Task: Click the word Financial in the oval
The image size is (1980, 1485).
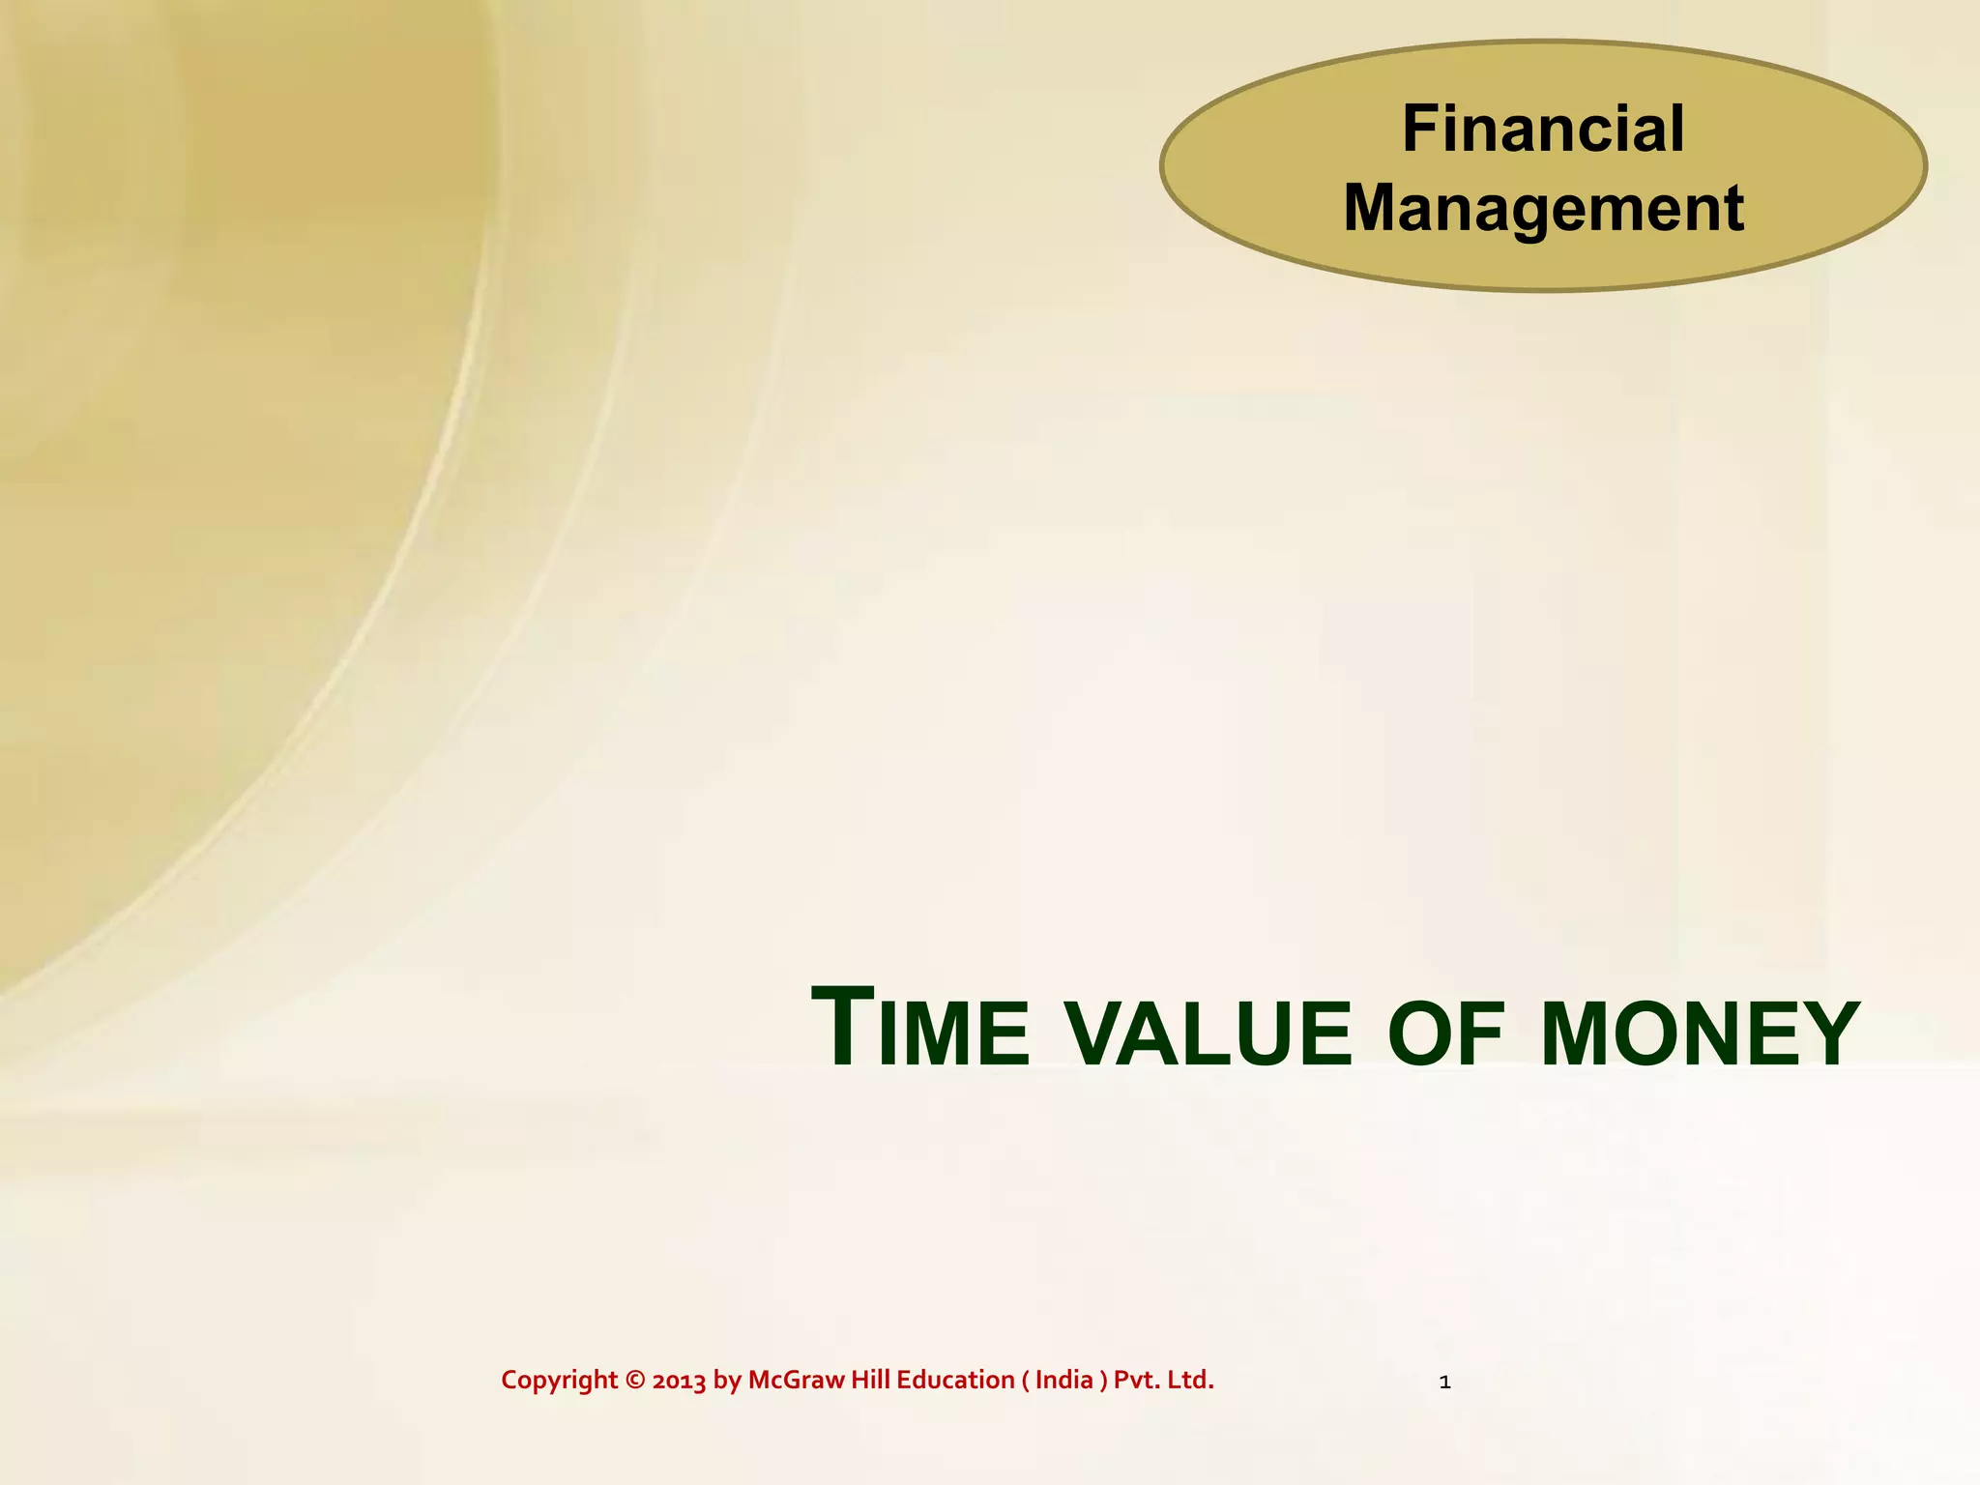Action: pyautogui.click(x=1543, y=129)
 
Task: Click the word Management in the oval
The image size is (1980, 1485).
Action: pyautogui.click(x=1543, y=208)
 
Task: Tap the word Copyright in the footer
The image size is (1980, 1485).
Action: pyautogui.click(x=559, y=1381)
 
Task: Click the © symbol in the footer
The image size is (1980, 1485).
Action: pyautogui.click(x=634, y=1381)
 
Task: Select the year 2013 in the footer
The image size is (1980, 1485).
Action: pyautogui.click(x=679, y=1381)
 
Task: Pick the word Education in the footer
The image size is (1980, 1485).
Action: pyautogui.click(x=955, y=1380)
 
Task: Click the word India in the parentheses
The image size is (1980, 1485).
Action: pyautogui.click(x=1063, y=1380)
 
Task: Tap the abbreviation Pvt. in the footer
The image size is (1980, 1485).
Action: pyautogui.click(x=1136, y=1380)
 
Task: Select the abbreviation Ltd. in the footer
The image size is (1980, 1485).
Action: pyautogui.click(x=1191, y=1380)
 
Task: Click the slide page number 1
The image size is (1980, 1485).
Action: pyautogui.click(x=1444, y=1383)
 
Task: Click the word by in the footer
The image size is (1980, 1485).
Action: pyautogui.click(x=727, y=1381)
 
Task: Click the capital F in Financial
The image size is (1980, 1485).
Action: pyautogui.click(x=1418, y=129)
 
